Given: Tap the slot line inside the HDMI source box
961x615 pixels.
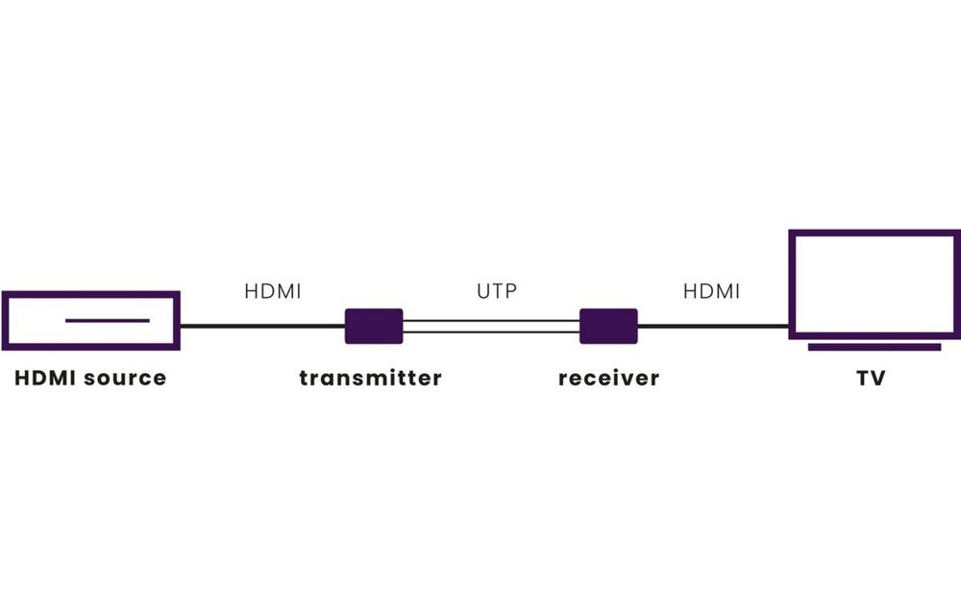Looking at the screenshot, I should (107, 320).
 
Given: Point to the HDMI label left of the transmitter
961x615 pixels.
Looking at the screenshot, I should (273, 290).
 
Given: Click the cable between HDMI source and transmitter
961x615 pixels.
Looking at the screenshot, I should (262, 326).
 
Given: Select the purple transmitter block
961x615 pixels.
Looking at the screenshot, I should (374, 326).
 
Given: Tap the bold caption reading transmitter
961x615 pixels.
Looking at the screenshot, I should (370, 378).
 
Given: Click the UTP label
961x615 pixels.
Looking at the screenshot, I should (496, 290).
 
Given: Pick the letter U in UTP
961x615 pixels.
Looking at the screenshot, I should (482, 290).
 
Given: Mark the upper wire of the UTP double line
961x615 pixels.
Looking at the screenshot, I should (491, 320).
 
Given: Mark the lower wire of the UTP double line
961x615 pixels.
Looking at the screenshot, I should (491, 332).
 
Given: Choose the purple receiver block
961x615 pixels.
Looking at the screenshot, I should (608, 326).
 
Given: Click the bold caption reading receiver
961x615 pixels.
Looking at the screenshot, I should (608, 378).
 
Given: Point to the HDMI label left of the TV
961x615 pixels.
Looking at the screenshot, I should (711, 290).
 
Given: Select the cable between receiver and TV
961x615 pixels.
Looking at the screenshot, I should (713, 326).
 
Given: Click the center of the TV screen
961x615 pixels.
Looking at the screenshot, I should (875, 283).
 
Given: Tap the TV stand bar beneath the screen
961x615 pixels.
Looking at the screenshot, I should (875, 347).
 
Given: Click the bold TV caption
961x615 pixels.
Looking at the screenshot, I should (871, 378).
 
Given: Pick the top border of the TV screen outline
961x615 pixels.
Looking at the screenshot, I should (875, 232).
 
